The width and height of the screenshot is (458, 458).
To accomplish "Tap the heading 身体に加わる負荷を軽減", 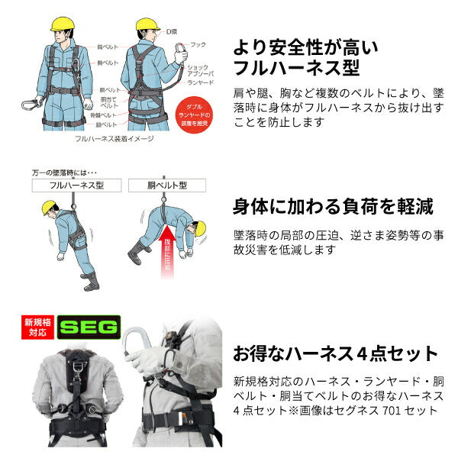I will pyautogui.click(x=333, y=206).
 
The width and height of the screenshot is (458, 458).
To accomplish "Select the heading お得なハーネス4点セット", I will pyautogui.click(x=335, y=353).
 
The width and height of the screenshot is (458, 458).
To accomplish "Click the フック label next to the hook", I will pyautogui.click(x=198, y=44).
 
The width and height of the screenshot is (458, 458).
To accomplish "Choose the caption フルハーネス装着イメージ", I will pyautogui.click(x=114, y=139).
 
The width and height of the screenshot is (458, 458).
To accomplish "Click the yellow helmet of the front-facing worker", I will pyautogui.click(x=61, y=22).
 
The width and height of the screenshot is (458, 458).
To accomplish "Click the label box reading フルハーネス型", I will pyautogui.click(x=75, y=185).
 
